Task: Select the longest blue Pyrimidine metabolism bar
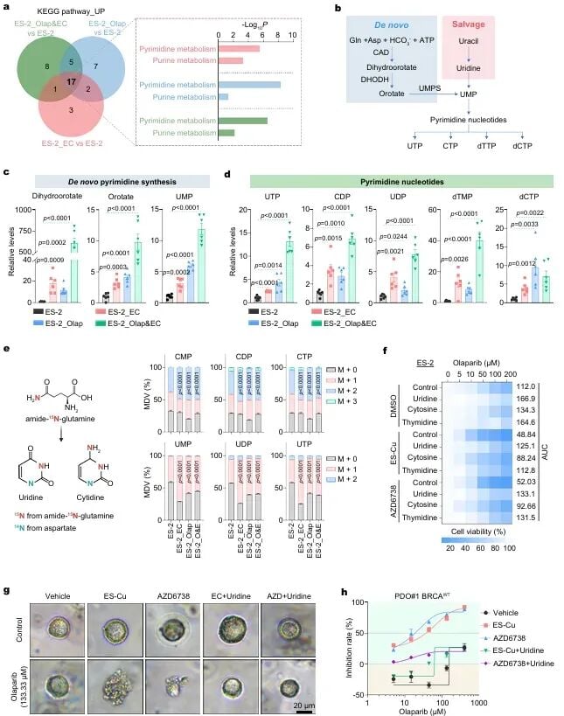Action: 248,84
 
